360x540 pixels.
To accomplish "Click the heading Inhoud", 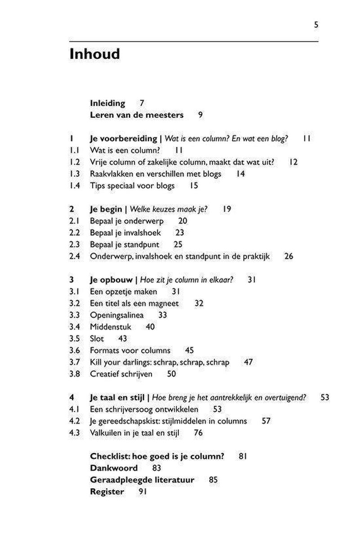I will [x=94, y=54].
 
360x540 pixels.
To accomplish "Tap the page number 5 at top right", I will [x=316, y=25].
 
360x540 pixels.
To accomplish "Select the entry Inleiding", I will [x=108, y=103].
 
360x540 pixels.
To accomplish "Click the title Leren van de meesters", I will [x=137, y=115].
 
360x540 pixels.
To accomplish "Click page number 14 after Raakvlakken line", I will [x=240, y=174].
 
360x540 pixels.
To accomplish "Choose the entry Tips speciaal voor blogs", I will [x=132, y=185].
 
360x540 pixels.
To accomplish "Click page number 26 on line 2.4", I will [x=288, y=256].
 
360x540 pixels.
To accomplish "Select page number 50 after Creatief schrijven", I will [x=171, y=373].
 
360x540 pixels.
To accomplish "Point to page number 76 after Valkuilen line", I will [x=198, y=433].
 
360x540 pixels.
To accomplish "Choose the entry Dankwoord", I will [x=114, y=468].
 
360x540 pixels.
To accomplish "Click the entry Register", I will [x=107, y=491].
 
